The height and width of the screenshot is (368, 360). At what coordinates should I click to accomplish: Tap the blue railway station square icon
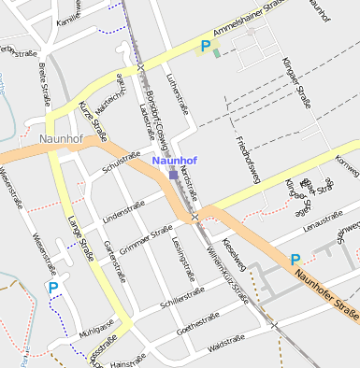pos(173,173)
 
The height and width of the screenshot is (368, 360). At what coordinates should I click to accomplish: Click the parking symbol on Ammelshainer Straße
pos(205,45)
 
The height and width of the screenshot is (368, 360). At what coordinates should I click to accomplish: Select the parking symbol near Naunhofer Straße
pos(295,260)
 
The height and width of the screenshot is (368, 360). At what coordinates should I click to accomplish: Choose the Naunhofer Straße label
pos(326,291)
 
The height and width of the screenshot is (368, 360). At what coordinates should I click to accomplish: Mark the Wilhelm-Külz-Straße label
pos(227,276)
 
